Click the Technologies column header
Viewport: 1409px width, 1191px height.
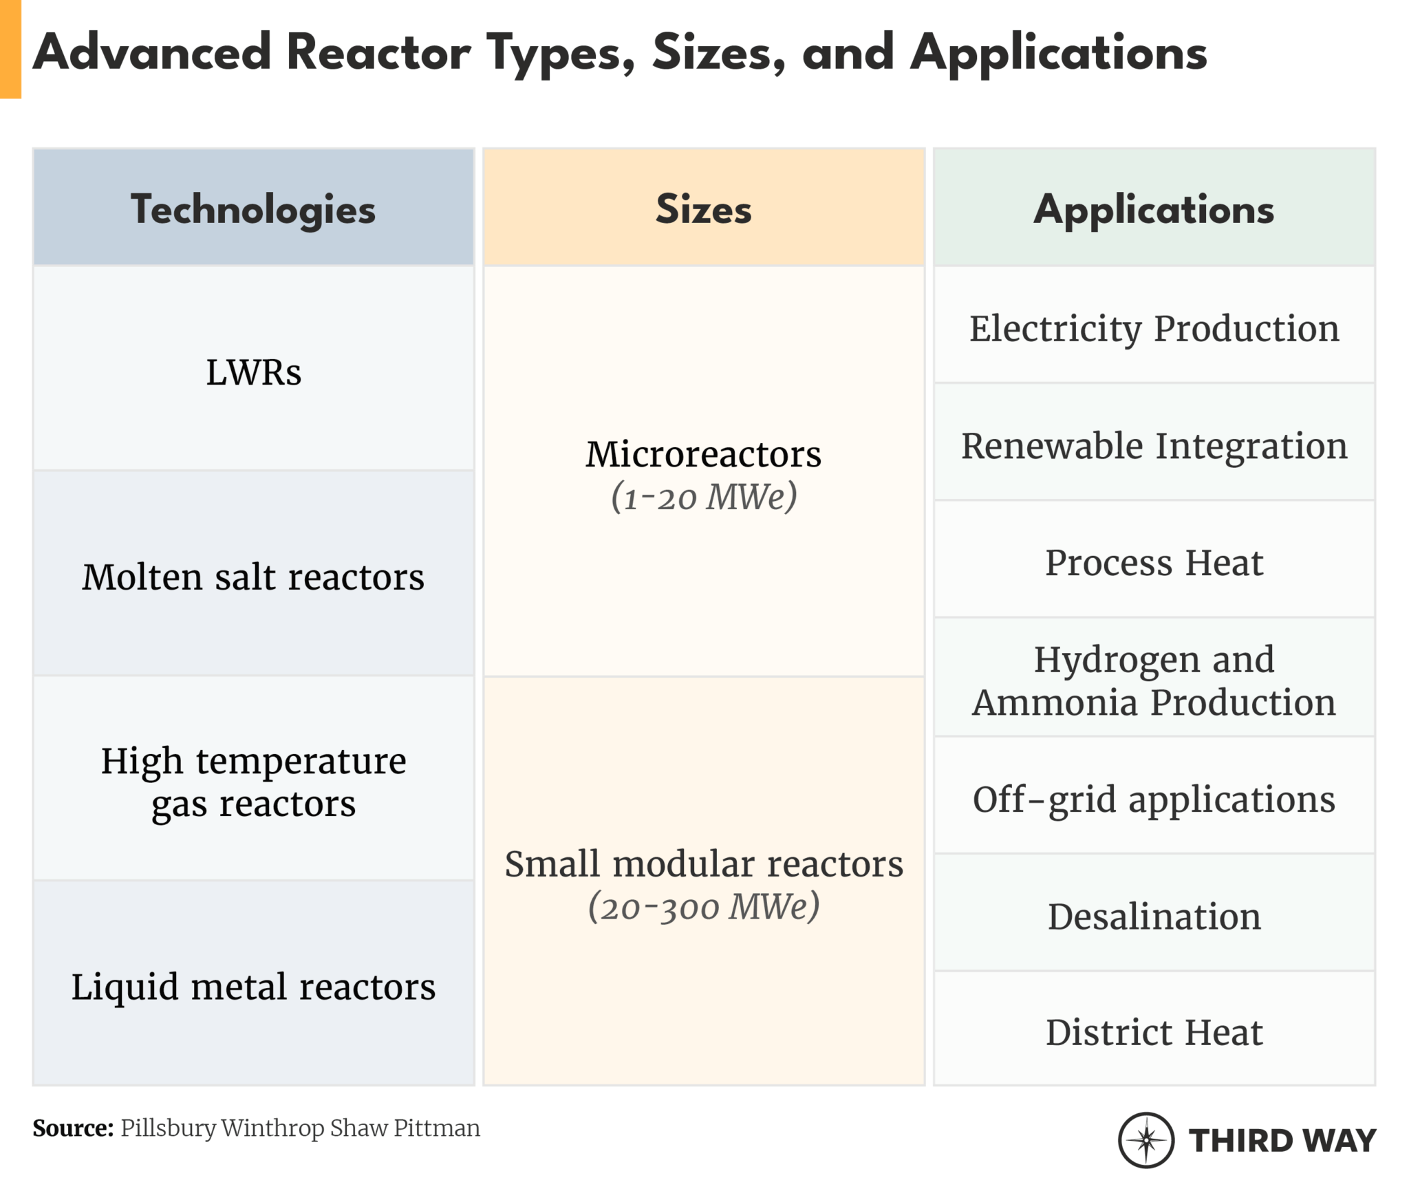click(253, 209)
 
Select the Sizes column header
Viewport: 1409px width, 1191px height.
click(703, 209)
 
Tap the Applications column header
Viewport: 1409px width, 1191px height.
click(1154, 209)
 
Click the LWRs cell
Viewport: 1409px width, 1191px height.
click(253, 372)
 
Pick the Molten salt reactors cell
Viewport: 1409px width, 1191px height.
click(253, 577)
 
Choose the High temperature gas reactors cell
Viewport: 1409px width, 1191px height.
click(253, 782)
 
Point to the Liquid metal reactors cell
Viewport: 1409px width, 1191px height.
click(253, 987)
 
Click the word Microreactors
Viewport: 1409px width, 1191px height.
click(703, 454)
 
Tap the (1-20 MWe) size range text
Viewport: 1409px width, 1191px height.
click(703, 497)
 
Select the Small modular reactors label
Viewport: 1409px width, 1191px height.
click(703, 863)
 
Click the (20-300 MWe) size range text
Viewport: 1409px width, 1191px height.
click(703, 906)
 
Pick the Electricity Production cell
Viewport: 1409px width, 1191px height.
click(1154, 328)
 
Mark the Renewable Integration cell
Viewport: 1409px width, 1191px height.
click(1154, 446)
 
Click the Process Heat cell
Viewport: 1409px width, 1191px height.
click(1154, 563)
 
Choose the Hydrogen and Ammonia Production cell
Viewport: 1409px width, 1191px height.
click(1154, 680)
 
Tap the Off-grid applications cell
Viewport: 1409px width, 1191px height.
click(1154, 799)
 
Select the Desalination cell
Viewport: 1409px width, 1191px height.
click(1154, 916)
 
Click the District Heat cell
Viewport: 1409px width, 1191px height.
click(1154, 1032)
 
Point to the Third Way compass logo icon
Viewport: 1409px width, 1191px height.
click(1146, 1140)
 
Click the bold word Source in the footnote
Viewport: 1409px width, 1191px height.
click(73, 1128)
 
